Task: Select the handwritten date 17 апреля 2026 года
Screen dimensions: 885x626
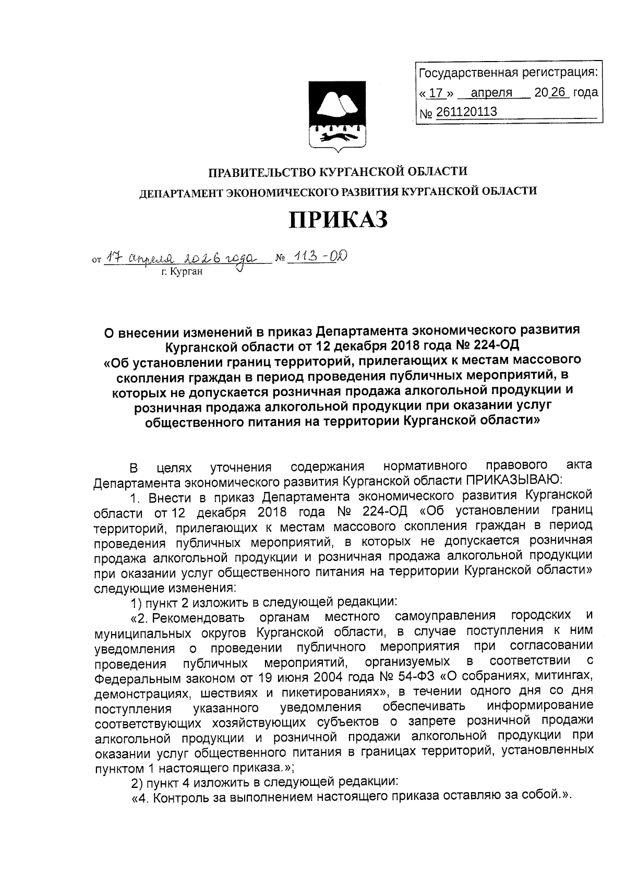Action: (180, 257)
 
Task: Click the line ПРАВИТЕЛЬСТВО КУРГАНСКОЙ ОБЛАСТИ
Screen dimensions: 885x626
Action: (338, 171)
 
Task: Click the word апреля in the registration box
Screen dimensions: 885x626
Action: (491, 93)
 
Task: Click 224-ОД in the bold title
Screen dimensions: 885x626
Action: (491, 345)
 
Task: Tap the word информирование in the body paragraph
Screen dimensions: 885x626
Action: (540, 707)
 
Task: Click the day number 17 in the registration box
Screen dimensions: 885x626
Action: (436, 93)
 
